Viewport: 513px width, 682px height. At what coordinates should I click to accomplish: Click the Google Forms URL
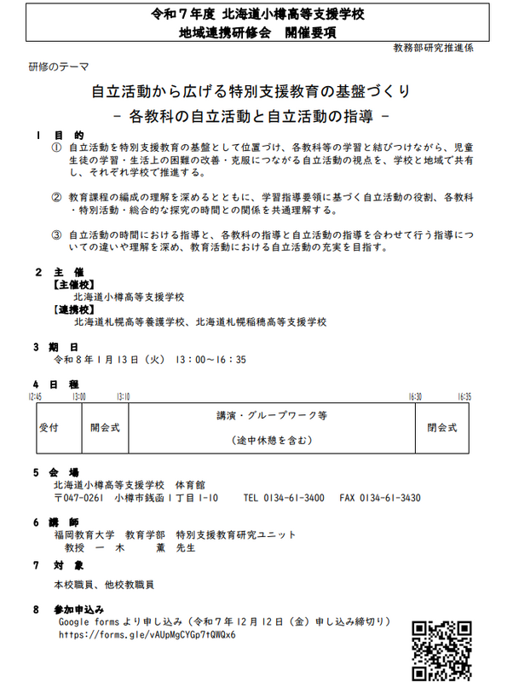(147, 636)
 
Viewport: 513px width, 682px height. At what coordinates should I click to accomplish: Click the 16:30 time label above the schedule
(414, 397)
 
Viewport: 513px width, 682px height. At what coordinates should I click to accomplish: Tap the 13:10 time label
(123, 397)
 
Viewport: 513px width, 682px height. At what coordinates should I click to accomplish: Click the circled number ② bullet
(57, 197)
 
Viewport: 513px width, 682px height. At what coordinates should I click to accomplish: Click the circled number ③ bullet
(57, 234)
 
